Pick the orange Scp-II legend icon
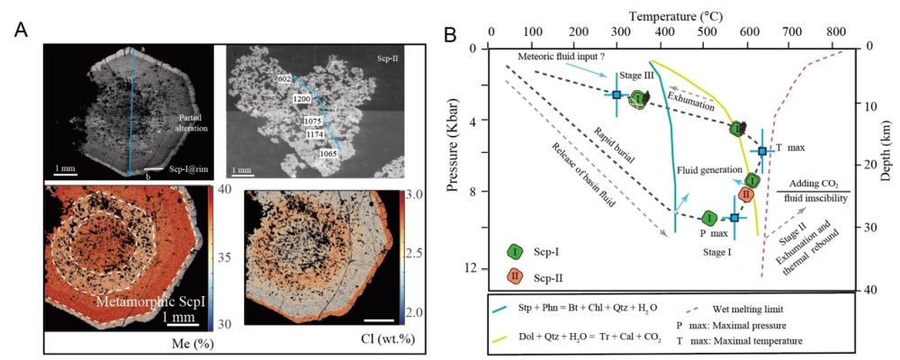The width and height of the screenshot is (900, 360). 517,274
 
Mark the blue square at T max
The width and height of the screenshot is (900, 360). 763,151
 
